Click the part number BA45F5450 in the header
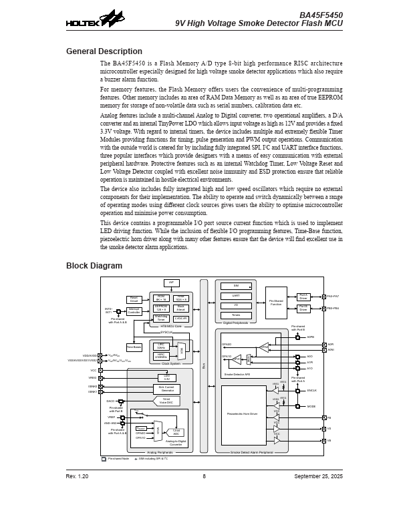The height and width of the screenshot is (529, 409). pyautogui.click(x=321, y=15)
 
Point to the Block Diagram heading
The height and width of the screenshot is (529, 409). pyautogui.click(x=94, y=266)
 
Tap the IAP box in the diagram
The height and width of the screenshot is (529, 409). pyautogui.click(x=171, y=283)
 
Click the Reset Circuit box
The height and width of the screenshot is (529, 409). pyautogui.click(x=134, y=300)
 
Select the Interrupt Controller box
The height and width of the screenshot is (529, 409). pyautogui.click(x=134, y=311)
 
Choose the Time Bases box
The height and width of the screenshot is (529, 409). pyautogui.click(x=134, y=347)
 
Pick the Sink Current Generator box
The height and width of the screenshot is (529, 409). pyautogui.click(x=166, y=389)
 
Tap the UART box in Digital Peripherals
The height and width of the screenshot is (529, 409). pyautogui.click(x=236, y=295)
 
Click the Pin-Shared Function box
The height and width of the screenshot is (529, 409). pyautogui.click(x=275, y=302)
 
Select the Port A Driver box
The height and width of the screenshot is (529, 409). pyautogui.click(x=303, y=297)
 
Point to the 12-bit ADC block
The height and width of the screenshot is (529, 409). pyautogui.click(x=176, y=432)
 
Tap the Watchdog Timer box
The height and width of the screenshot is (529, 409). pyautogui.click(x=160, y=319)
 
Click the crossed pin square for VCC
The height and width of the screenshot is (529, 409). pyautogui.click(x=100, y=370)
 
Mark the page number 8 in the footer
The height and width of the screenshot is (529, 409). pyautogui.click(x=204, y=476)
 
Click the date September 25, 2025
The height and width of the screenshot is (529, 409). pyautogui.click(x=318, y=476)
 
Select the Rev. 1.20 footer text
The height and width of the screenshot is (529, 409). pyautogui.click(x=77, y=476)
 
